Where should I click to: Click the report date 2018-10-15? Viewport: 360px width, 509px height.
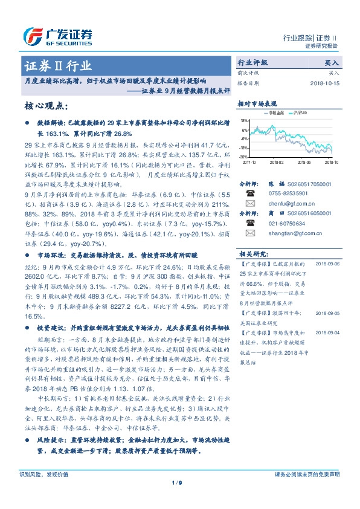tap(324, 83)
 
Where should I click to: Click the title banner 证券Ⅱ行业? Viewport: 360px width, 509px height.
tap(58, 65)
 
